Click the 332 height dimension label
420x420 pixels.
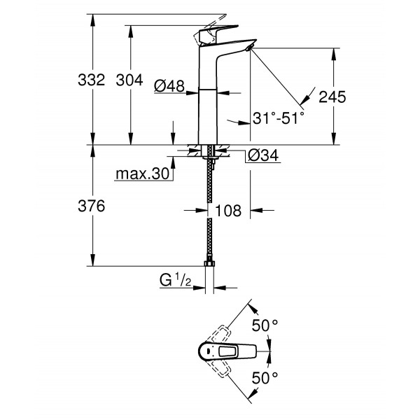(91, 80)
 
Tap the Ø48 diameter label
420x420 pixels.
(169, 85)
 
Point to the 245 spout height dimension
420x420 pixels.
(332, 97)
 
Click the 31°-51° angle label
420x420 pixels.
(279, 119)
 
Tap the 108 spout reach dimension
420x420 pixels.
(229, 209)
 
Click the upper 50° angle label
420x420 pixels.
(265, 325)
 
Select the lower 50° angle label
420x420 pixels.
(265, 377)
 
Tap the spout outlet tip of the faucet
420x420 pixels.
(249, 48)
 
